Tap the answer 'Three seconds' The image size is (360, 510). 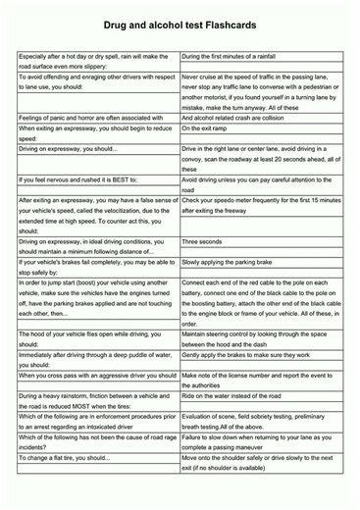(202, 240)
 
